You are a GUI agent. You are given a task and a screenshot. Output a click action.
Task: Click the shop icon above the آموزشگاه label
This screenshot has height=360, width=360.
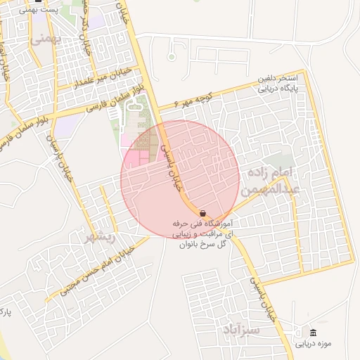point(202,213)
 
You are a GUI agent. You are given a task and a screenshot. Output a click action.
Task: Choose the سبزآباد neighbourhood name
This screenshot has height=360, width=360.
point(241,329)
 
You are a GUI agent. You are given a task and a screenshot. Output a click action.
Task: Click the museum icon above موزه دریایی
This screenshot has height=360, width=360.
point(313,333)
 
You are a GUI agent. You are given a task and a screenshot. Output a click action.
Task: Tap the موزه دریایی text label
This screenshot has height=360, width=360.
point(313,345)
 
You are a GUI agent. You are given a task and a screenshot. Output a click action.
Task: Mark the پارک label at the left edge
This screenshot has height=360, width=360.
point(5,310)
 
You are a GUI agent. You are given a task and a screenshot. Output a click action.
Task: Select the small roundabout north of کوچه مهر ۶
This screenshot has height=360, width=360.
point(171,56)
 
